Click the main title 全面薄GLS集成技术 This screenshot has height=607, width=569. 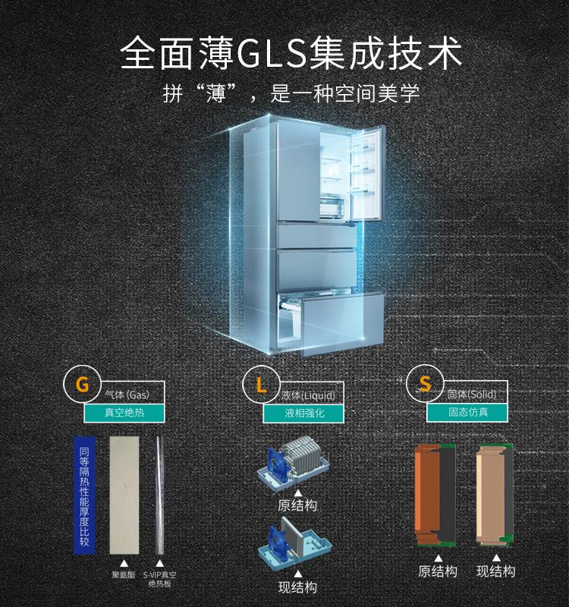tap(291, 53)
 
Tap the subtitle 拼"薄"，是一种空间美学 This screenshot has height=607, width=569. tap(291, 93)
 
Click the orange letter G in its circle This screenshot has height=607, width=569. tap(82, 385)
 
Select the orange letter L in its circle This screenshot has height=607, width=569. tap(261, 385)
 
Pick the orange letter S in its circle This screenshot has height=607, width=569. tap(425, 384)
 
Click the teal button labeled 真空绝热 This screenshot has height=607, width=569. tap(124, 413)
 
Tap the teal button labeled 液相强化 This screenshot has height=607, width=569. tap(303, 414)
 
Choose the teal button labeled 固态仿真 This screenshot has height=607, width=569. tap(467, 412)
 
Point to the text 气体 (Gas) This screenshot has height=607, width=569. tap(127, 395)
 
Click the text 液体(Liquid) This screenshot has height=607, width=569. tap(308, 395)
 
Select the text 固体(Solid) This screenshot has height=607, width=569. tap(472, 395)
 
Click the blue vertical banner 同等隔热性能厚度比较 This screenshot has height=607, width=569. tap(84, 496)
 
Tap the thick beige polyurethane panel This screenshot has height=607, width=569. tap(124, 495)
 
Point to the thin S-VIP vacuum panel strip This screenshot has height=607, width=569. tap(159, 495)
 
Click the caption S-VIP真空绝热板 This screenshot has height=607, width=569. tap(159, 579)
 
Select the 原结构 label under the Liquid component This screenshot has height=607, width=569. tap(297, 505)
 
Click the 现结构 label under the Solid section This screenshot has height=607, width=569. tap(496, 571)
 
